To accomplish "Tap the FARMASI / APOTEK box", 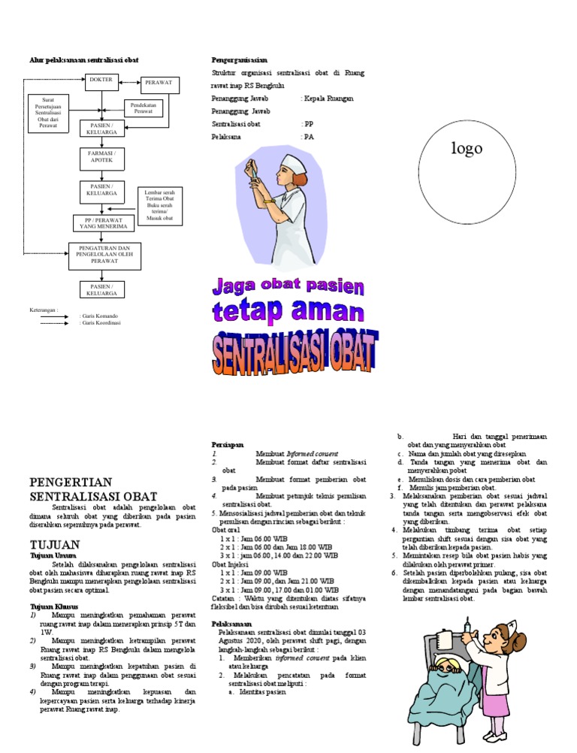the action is pyautogui.click(x=101, y=157).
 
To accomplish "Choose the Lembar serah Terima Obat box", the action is pyautogui.click(x=160, y=205).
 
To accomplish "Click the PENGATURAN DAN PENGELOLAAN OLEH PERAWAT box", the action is pyautogui.click(x=104, y=255).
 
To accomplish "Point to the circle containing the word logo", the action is pyautogui.click(x=466, y=149).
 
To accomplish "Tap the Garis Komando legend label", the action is pyautogui.click(x=98, y=316).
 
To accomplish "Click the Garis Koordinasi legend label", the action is pyautogui.click(x=100, y=323).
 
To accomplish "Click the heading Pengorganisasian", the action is pyautogui.click(x=240, y=59).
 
